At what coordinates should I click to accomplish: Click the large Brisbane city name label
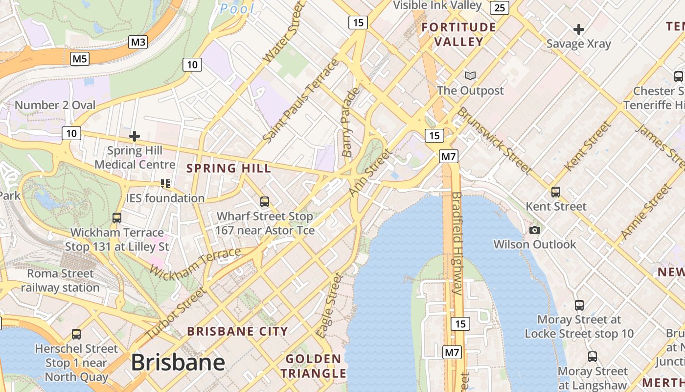click(x=178, y=363)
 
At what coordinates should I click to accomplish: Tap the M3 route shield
click(x=138, y=42)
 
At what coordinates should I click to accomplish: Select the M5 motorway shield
click(x=80, y=59)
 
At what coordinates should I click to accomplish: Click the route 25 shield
click(x=500, y=7)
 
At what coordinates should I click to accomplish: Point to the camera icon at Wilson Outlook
click(x=535, y=230)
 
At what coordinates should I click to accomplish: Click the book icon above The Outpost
click(x=470, y=75)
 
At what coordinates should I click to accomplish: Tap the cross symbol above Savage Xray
click(x=579, y=29)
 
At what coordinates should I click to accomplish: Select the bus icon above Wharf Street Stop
click(x=265, y=201)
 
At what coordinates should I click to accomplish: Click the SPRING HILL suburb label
click(x=228, y=169)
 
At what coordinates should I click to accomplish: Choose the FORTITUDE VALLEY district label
click(x=459, y=34)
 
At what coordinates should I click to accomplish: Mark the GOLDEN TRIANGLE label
click(x=313, y=366)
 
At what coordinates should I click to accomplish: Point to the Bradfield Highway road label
click(x=457, y=243)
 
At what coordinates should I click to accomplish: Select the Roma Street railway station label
click(x=60, y=280)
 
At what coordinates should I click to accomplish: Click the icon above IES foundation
click(x=165, y=184)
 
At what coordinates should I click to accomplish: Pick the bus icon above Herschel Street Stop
click(x=76, y=334)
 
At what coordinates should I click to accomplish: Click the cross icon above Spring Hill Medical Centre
click(x=135, y=136)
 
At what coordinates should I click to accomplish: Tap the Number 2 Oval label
click(x=55, y=105)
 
